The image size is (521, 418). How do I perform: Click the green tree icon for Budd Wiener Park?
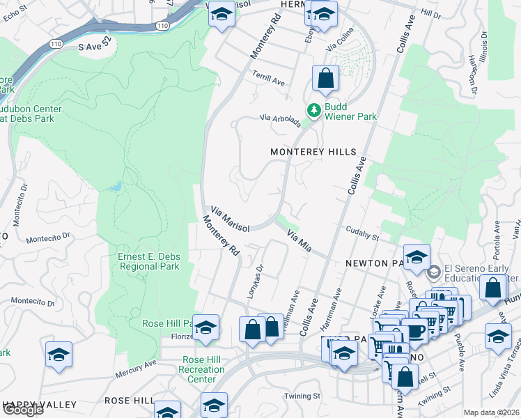coord(314,109)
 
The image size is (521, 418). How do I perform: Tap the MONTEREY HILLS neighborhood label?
coord(313,152)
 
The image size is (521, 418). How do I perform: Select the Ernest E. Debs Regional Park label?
coord(148,261)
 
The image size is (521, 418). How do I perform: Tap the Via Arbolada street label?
coord(281,121)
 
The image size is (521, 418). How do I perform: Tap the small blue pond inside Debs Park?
coord(115,187)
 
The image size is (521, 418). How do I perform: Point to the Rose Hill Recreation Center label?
coord(202,369)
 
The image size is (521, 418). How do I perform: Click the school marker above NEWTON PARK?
coord(416,257)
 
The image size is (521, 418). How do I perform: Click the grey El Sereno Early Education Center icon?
coord(433,271)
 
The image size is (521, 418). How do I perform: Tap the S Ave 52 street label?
coord(95,46)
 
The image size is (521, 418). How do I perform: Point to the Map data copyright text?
coord(492,413)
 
